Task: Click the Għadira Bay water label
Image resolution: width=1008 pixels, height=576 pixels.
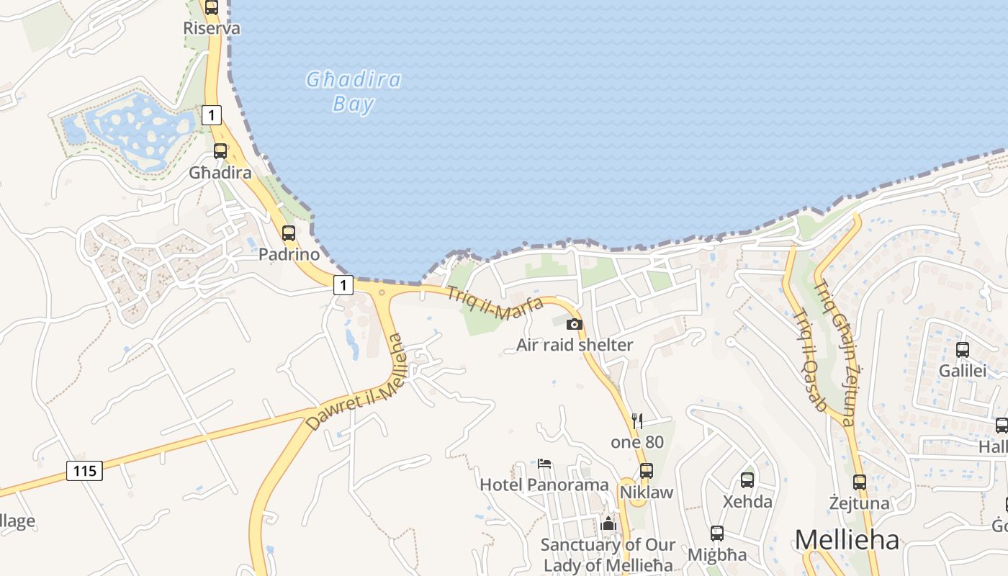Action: coord(353,91)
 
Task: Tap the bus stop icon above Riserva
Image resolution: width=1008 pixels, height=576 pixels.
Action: coord(211,7)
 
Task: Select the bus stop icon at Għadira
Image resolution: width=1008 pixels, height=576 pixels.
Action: coord(220,151)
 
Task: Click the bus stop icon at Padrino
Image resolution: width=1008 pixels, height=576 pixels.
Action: coord(289,233)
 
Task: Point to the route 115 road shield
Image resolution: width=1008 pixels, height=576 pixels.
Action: coord(85,471)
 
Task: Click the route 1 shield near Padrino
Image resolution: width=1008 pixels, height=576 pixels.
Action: coord(343,285)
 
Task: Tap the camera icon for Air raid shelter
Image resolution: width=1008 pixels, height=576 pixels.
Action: coord(574,324)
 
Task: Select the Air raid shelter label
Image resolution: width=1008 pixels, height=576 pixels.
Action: coord(575,345)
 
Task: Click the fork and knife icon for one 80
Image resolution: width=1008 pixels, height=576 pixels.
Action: coord(636,421)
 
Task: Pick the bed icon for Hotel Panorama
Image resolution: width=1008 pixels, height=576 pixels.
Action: coord(544,464)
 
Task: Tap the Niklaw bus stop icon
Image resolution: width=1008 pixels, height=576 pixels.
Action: coord(647,471)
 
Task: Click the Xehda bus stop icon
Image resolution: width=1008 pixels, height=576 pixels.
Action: coord(747,480)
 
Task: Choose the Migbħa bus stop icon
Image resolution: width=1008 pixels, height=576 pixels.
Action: coord(717,534)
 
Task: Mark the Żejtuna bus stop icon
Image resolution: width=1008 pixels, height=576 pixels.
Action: coord(859,482)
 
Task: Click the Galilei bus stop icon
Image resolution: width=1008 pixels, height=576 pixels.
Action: coord(963,350)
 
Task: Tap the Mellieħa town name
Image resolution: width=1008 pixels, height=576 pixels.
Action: coord(847,539)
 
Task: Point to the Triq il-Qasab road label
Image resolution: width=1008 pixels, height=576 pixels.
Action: coord(809,360)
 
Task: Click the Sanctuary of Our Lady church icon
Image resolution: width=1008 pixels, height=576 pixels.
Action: coord(608,524)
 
